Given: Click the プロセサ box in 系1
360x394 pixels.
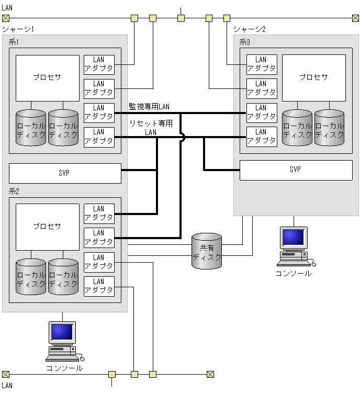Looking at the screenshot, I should coord(47,78).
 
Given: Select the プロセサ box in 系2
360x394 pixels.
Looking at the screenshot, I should coord(47,227).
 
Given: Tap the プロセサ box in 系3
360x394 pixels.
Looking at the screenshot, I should coord(313,78).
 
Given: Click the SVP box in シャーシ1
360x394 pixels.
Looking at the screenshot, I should coord(65,173).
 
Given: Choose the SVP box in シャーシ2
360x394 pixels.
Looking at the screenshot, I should coord(296,170).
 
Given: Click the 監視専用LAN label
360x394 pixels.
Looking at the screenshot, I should coord(149,107).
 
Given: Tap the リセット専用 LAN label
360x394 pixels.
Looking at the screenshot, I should coord(151,128).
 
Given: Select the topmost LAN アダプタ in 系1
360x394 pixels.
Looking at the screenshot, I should coord(99,64).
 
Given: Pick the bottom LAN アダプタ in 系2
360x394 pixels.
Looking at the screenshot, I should coord(99,286).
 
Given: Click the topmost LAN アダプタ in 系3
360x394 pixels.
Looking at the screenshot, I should coord(262,64).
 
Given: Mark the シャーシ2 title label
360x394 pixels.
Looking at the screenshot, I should coord(250,29).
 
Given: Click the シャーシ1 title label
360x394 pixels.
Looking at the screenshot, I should coord(18,29).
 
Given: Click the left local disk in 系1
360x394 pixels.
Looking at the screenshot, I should coord(31,127).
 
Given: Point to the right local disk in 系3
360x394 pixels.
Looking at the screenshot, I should coord(329,127).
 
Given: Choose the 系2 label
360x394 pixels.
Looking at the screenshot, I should coord(14,191).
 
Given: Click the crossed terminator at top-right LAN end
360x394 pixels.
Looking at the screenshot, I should coord(355,18).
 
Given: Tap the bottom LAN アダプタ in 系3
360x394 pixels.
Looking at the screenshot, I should coord(262,137).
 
